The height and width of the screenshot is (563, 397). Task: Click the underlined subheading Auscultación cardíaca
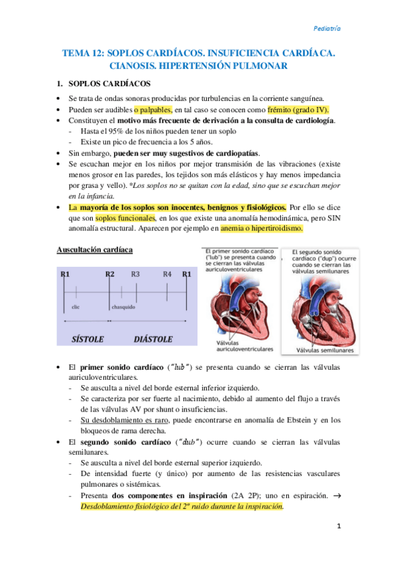click(x=93, y=250)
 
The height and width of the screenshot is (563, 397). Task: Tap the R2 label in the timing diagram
click(x=110, y=274)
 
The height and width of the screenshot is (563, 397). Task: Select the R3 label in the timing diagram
click(x=135, y=274)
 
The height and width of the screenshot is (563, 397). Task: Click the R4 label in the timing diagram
click(x=167, y=274)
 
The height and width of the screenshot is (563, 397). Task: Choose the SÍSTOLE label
click(x=87, y=339)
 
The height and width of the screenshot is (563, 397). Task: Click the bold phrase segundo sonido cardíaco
click(x=125, y=442)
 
